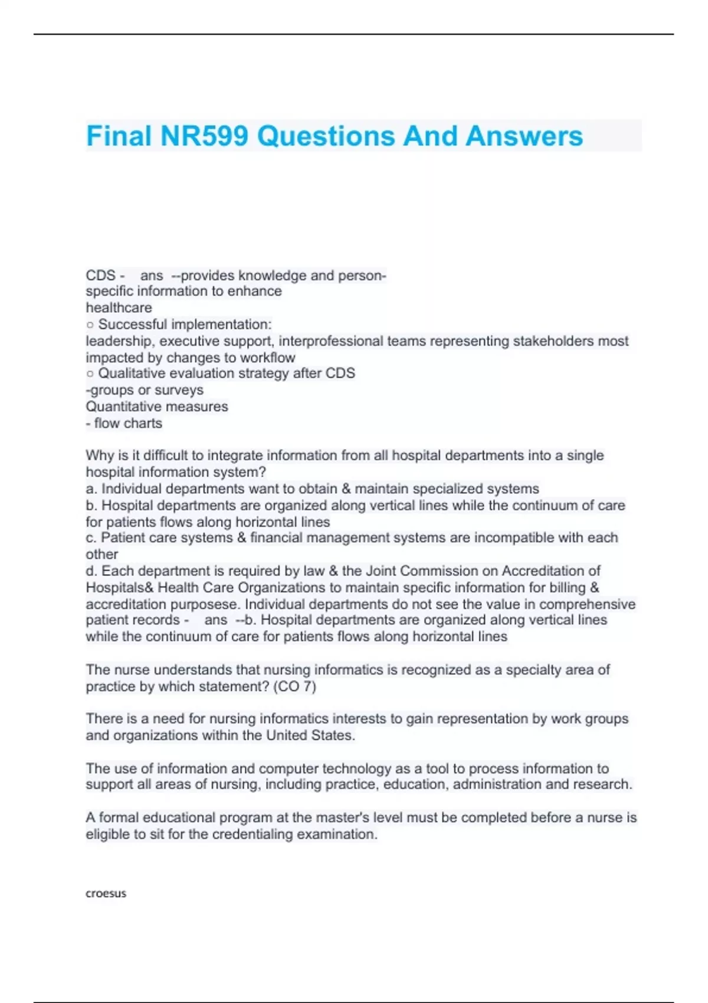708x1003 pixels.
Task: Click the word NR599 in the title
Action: point(204,136)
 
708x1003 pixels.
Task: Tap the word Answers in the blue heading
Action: point(524,136)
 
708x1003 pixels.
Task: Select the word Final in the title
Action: point(119,136)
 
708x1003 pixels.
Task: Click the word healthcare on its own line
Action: point(119,307)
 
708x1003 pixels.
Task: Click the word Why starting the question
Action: point(99,455)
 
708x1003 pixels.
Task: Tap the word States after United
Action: point(338,735)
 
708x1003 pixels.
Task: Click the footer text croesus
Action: point(106,893)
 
